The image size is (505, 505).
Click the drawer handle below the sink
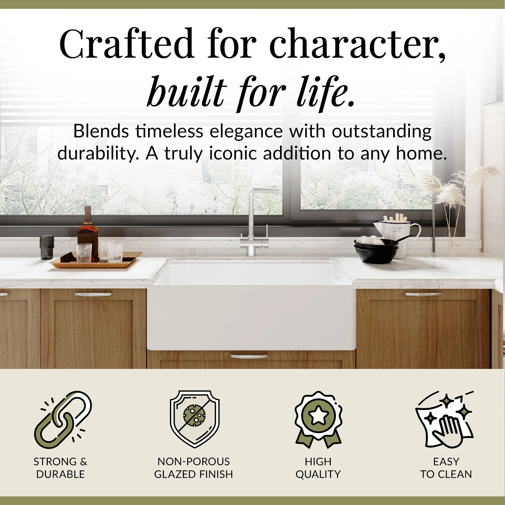249,356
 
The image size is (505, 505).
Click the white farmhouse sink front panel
251,318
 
